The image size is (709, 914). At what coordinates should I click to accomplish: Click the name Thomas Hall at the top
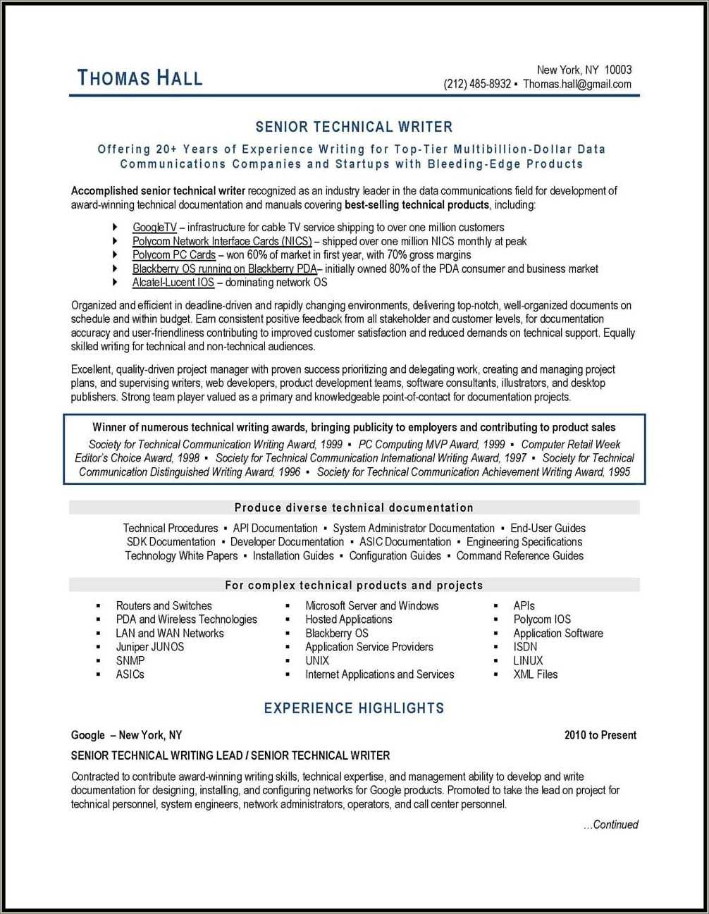(x=140, y=78)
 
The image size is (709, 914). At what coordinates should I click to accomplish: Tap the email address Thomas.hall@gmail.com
(x=577, y=84)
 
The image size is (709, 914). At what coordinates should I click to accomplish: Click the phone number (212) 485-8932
(x=477, y=84)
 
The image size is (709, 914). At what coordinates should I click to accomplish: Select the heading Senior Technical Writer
(x=354, y=127)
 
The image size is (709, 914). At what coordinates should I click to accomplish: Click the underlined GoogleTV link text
(x=154, y=227)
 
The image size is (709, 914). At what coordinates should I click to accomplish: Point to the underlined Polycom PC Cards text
(x=174, y=254)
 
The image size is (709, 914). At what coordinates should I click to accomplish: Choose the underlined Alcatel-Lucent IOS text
(x=173, y=282)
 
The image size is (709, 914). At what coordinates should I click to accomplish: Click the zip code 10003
(x=618, y=69)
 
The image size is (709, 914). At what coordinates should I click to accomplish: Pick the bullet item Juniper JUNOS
(x=149, y=646)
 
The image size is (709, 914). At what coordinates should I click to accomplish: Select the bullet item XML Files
(x=535, y=674)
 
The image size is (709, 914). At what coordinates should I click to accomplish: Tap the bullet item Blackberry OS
(x=337, y=633)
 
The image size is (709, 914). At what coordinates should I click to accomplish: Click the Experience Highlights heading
(x=354, y=708)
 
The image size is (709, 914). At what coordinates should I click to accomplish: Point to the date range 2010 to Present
(x=600, y=735)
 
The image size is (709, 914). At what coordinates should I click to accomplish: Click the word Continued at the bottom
(x=615, y=825)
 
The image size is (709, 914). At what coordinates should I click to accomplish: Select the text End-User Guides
(x=548, y=528)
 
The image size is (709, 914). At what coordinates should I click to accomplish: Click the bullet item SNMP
(x=130, y=660)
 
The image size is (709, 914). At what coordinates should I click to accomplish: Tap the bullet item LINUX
(x=528, y=660)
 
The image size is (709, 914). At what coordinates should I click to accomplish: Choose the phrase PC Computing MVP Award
(x=431, y=444)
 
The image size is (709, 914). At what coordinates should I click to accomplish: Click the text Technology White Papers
(x=181, y=555)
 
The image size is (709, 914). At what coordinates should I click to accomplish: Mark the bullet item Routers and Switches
(x=164, y=605)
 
